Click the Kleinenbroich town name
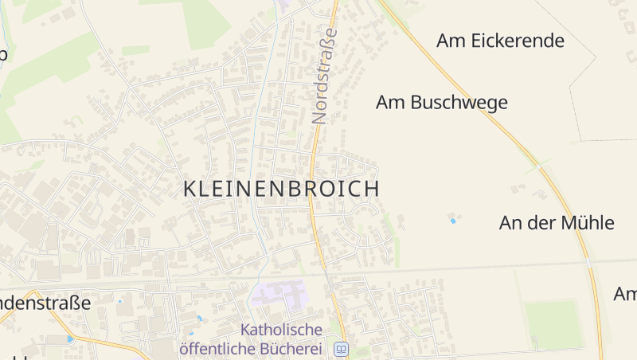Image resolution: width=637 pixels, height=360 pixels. click(x=281, y=189)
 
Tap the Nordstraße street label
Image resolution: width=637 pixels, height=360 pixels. click(x=321, y=76)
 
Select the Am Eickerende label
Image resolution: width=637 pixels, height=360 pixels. click(x=500, y=41)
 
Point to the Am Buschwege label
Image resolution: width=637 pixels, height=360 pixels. click(x=442, y=103)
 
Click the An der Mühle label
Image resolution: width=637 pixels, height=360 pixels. click(x=557, y=222)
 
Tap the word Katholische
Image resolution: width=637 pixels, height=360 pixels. click(x=281, y=329)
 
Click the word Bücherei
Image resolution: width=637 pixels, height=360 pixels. click(x=297, y=348)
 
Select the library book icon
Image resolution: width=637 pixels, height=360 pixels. click(x=341, y=349)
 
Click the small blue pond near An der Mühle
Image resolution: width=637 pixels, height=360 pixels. click(x=453, y=221)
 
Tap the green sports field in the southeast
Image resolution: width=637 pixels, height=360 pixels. click(x=554, y=322)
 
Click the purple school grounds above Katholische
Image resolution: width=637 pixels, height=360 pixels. click(x=278, y=294)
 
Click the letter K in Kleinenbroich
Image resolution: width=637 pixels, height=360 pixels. click(x=190, y=189)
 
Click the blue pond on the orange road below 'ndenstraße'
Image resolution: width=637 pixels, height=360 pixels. click(x=70, y=339)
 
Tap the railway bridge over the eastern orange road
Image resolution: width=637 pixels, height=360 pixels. click(x=588, y=263)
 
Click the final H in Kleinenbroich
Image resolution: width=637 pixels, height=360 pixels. click(x=371, y=189)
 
